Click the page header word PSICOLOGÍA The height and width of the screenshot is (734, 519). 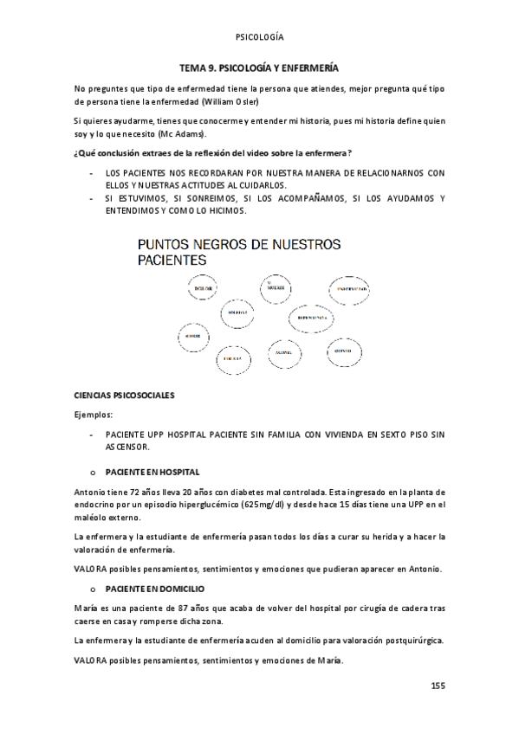[259, 37]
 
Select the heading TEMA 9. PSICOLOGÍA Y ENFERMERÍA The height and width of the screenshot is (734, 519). [258, 67]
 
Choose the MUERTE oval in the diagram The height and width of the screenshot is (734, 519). [276, 287]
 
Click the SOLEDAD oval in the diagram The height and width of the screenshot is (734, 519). [238, 312]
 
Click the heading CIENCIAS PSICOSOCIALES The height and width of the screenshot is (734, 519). [126, 396]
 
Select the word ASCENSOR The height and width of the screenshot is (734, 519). [127, 447]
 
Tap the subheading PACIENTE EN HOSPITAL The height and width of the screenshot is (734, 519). [152, 472]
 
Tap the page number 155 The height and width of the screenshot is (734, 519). [437, 686]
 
